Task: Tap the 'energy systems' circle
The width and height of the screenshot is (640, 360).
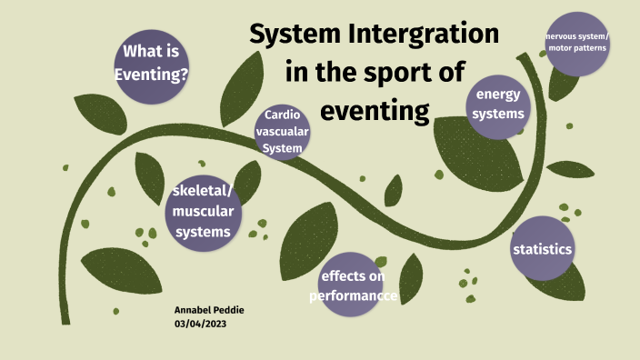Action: click(500, 105)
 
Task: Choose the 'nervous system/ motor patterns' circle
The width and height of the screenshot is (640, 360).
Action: click(578, 41)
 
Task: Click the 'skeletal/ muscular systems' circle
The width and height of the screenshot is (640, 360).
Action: click(202, 212)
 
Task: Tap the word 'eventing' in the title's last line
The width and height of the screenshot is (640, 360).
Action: click(375, 111)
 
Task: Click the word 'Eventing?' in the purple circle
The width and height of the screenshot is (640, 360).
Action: click(152, 75)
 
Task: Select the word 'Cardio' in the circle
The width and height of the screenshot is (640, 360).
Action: click(282, 115)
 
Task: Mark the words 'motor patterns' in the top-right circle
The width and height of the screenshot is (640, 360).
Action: click(578, 46)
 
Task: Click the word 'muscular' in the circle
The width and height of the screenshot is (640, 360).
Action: click(203, 212)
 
